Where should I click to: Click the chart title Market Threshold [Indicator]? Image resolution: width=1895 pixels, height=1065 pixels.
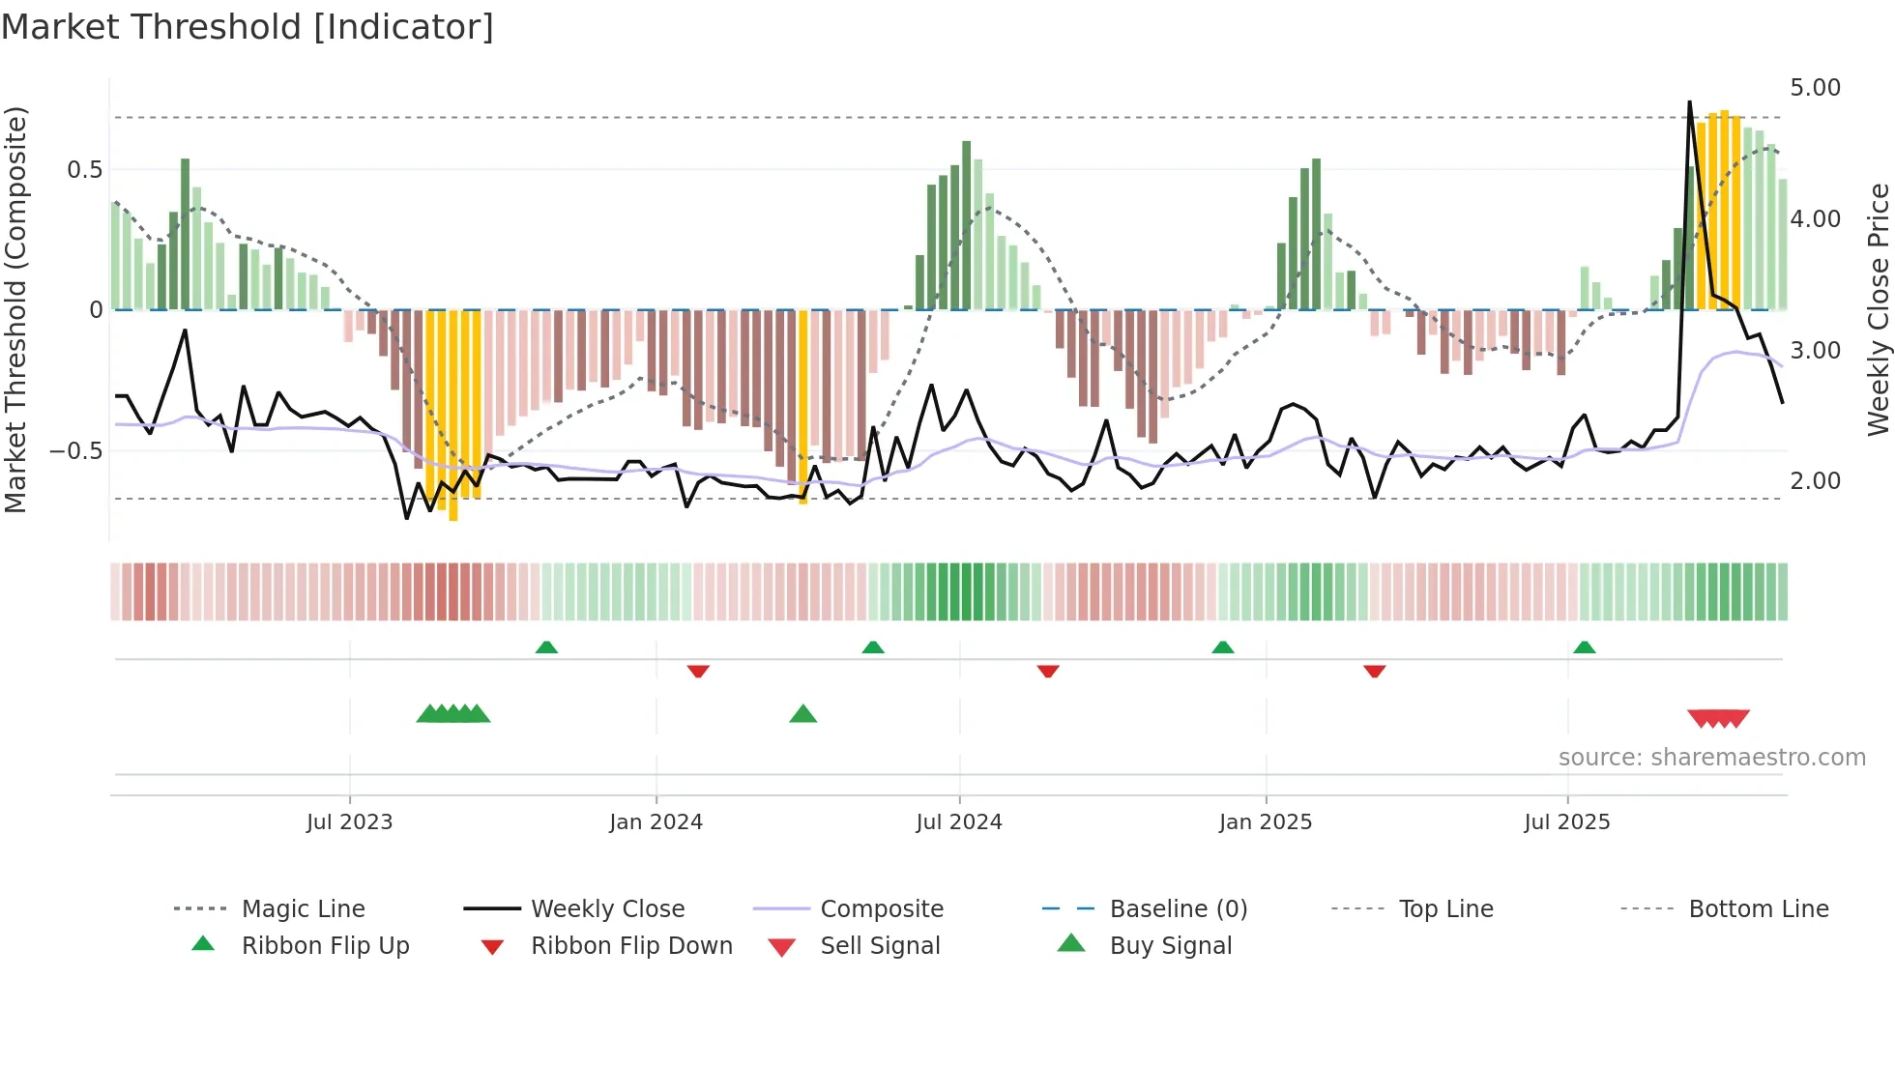pos(248,27)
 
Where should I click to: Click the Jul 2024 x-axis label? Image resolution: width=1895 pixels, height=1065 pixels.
pos(958,822)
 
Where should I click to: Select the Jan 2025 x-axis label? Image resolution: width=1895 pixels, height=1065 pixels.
pos(1265,822)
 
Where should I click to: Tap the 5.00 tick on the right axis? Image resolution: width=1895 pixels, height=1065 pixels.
pos(1815,88)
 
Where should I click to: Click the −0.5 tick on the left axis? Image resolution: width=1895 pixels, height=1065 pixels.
pos(75,451)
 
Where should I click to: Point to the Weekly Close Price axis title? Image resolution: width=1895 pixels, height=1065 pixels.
pos(1878,309)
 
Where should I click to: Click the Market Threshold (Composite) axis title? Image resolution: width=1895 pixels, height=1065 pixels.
pos(15,309)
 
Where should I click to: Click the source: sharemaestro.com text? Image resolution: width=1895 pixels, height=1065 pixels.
pos(1711,758)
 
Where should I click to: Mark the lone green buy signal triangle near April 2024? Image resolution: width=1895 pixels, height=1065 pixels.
pos(802,715)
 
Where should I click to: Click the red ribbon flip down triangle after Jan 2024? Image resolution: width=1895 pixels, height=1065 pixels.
pos(698,671)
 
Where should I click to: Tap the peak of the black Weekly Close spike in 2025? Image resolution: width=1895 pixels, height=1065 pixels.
pos(1689,101)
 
